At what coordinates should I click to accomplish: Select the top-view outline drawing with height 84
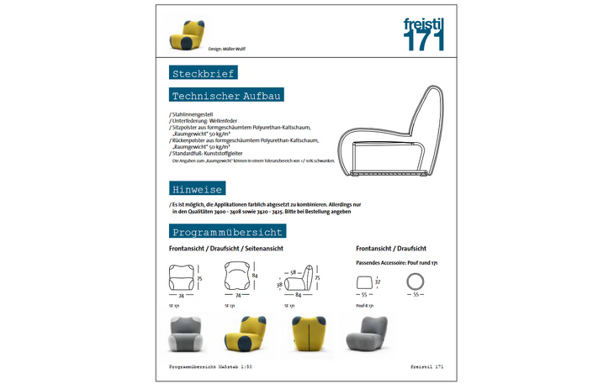tap(238, 277)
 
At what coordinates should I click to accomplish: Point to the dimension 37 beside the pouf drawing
tap(378, 283)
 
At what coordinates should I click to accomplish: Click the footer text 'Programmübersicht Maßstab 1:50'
tap(210, 367)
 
